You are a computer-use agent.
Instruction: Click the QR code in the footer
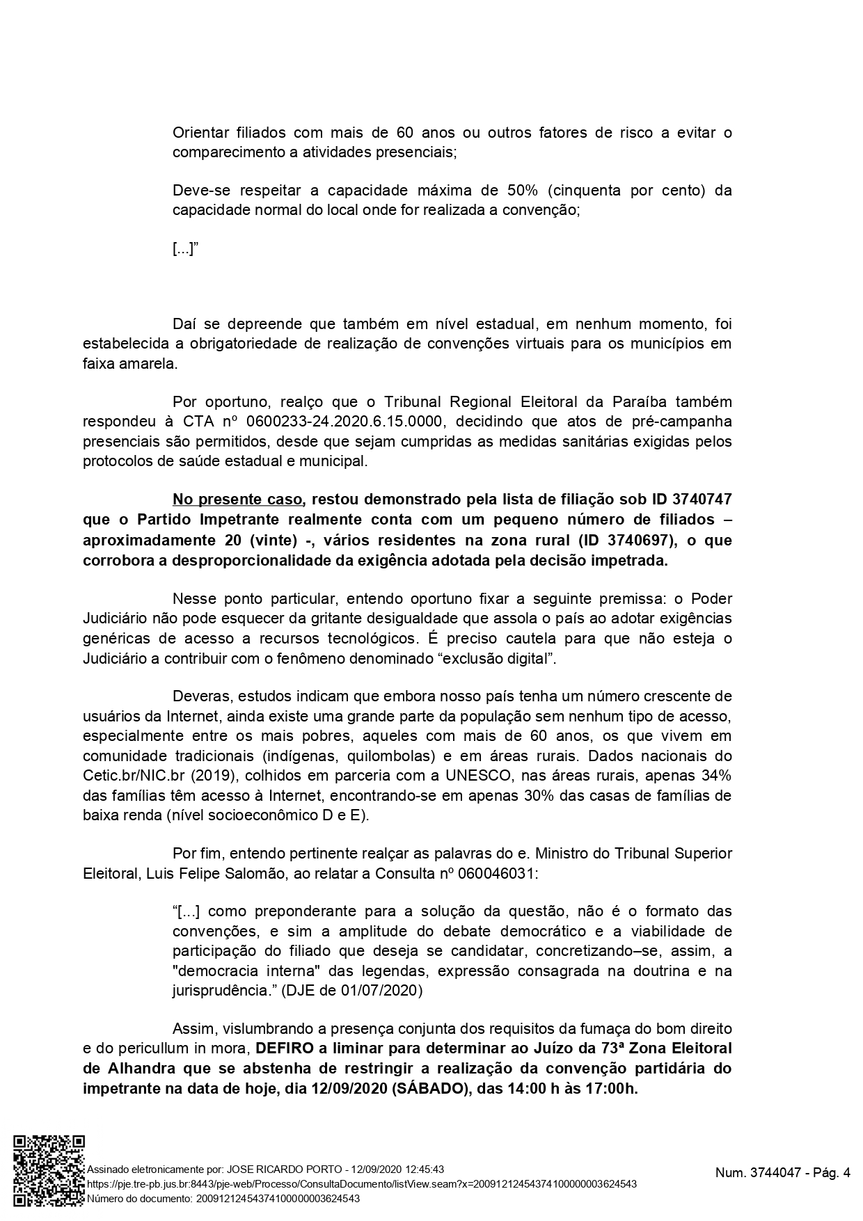pyautogui.click(x=49, y=1170)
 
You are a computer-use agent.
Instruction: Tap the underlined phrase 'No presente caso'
pyautogui.click(x=237, y=500)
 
